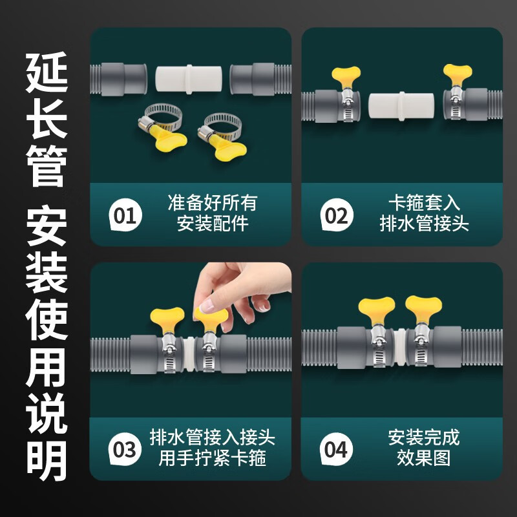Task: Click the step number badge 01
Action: tap(125, 215)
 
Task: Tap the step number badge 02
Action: tap(337, 215)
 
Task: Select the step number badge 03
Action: tap(125, 449)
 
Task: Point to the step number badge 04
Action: tap(336, 449)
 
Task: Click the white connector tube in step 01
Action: tap(189, 79)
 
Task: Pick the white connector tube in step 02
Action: tap(401, 107)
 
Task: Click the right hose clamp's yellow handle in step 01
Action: tap(230, 149)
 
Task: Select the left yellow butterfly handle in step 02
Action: tap(346, 76)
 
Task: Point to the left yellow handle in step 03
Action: tap(167, 318)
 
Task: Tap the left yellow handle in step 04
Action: tap(377, 309)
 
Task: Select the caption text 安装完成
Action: tap(424, 438)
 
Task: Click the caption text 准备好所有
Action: tap(213, 203)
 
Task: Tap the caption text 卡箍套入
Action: tap(424, 203)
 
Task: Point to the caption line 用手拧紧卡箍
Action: tap(213, 458)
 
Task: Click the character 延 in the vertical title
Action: tap(47, 72)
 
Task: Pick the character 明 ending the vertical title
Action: tap(47, 461)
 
